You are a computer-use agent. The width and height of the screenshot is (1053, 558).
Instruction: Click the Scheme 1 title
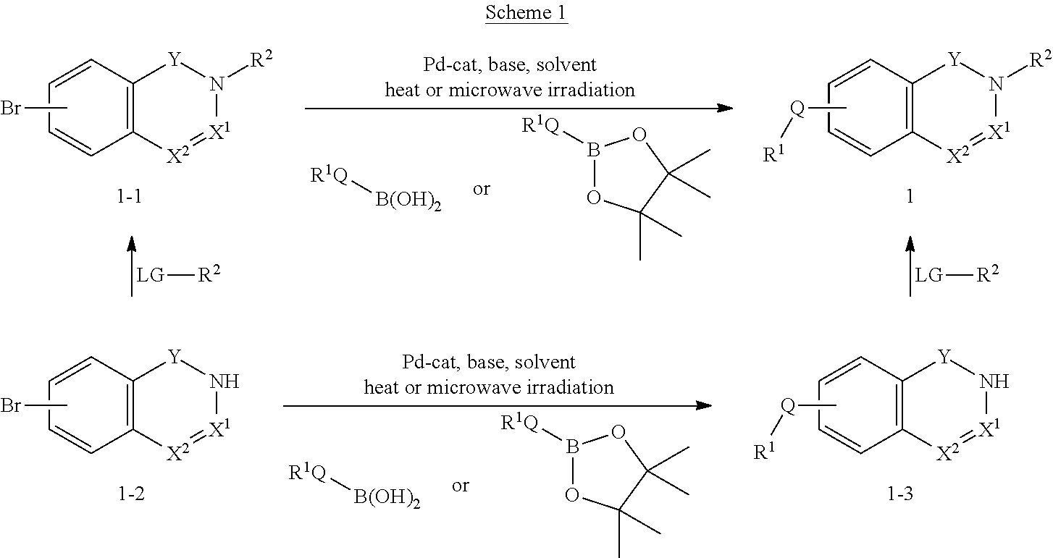tap(526, 14)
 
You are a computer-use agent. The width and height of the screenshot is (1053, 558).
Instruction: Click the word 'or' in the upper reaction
tap(482, 190)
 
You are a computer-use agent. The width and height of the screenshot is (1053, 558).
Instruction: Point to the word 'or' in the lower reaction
tap(461, 486)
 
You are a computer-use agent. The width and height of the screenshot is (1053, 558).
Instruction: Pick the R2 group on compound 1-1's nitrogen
tap(260, 64)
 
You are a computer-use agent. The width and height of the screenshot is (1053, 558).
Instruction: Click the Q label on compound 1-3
tap(788, 406)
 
